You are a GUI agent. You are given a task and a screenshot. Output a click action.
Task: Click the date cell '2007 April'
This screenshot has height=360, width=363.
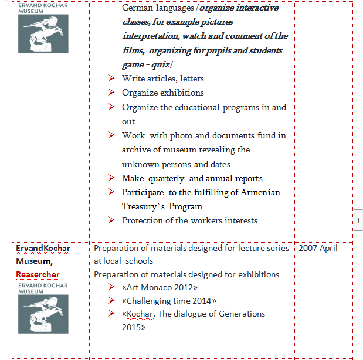(x=318, y=248)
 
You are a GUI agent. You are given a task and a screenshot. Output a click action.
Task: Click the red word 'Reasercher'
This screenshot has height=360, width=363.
(x=38, y=274)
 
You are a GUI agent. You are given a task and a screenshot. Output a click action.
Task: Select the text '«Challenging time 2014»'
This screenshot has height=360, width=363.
(x=169, y=301)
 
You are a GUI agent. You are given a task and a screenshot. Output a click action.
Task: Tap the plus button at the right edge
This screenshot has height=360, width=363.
(x=358, y=220)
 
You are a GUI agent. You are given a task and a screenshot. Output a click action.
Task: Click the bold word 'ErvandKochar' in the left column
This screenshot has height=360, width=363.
(x=43, y=248)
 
